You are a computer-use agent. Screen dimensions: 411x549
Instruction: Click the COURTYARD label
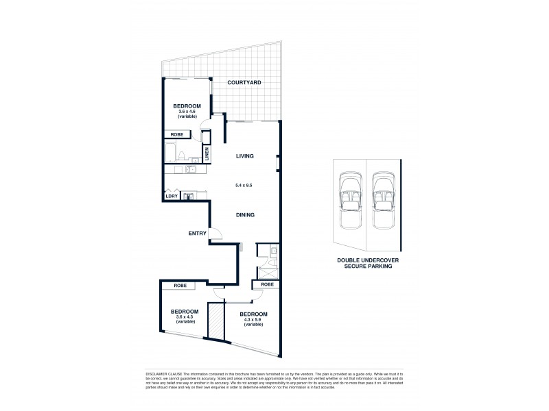point(245,83)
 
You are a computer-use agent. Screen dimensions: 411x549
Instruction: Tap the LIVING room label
point(245,156)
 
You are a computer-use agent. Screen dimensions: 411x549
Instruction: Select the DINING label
point(245,214)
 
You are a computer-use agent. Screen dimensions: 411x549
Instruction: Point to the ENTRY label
point(198,234)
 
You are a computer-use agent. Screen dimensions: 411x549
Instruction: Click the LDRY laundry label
point(171,197)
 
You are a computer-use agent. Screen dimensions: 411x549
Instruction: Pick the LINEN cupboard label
point(206,155)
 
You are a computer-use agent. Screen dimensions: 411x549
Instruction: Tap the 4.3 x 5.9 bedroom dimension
point(252,320)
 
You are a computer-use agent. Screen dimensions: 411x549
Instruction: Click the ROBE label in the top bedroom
point(177,135)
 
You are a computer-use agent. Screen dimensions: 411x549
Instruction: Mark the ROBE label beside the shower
point(267,284)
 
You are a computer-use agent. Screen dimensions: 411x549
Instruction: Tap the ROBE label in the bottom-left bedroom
point(180,285)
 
